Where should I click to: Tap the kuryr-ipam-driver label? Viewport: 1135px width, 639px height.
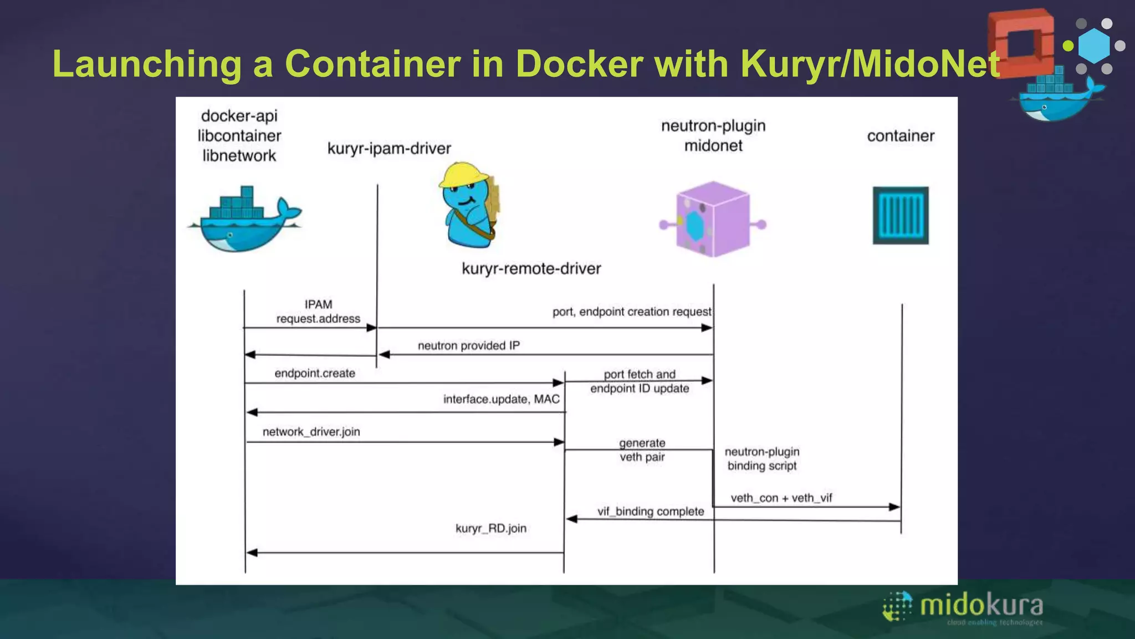(x=389, y=149)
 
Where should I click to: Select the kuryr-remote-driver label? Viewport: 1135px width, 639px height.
(x=531, y=269)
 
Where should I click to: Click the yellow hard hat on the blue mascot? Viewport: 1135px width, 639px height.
(x=463, y=175)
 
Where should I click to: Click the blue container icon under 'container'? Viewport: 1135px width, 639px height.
(x=901, y=216)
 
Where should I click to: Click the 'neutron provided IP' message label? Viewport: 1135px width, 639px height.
(x=468, y=346)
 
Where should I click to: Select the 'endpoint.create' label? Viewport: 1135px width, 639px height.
(x=315, y=374)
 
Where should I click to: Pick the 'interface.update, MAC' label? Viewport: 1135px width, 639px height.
(x=501, y=399)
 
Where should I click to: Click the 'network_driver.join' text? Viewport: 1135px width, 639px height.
(x=311, y=432)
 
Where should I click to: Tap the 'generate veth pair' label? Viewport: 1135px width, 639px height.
(x=642, y=450)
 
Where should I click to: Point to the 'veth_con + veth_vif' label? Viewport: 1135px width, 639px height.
(x=781, y=498)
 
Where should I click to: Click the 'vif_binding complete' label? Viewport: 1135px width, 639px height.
(x=651, y=511)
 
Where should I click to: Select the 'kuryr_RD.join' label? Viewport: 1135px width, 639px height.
(x=491, y=529)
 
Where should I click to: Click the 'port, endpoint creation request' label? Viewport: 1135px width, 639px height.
(x=632, y=312)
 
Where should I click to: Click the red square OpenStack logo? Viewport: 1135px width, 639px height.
(x=1021, y=43)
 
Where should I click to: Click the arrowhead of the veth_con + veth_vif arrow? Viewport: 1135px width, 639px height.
(x=894, y=507)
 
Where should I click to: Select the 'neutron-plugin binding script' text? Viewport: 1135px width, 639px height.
(x=762, y=459)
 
